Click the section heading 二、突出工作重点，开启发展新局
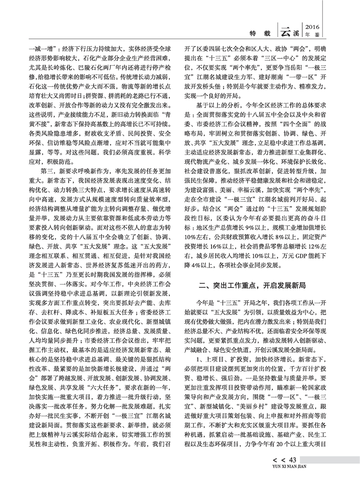click(x=254, y=284)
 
